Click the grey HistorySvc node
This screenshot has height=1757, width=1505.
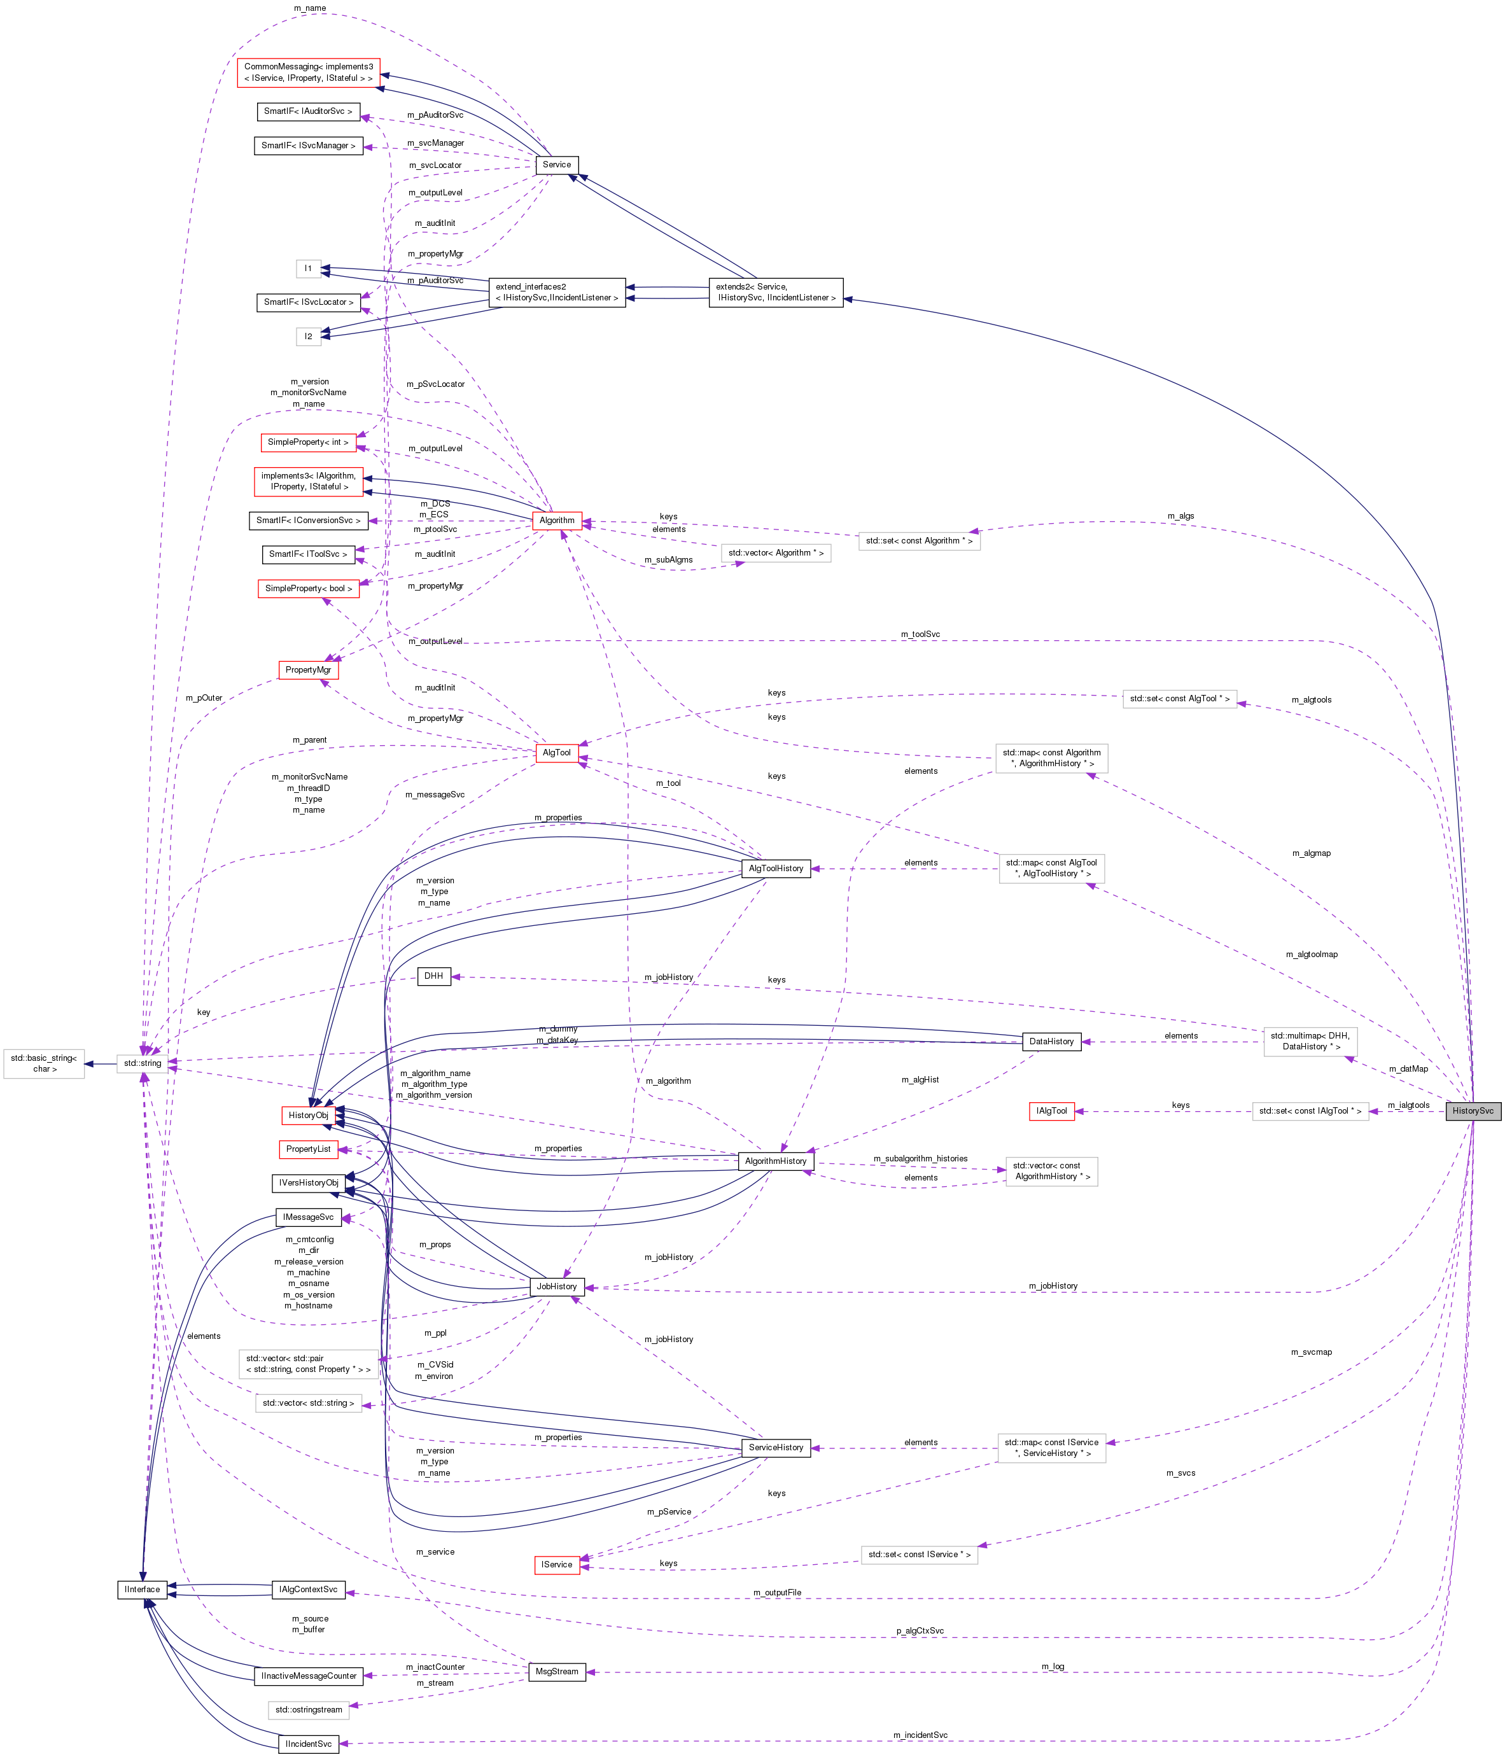coord(1473,1111)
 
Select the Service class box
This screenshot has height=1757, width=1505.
coord(557,165)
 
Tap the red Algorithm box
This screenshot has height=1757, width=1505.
coord(557,521)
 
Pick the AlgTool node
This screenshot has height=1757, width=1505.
coord(557,752)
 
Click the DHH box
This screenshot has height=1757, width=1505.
coord(433,976)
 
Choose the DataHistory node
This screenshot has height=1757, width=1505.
coord(1051,1041)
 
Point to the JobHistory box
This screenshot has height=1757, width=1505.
coord(557,1286)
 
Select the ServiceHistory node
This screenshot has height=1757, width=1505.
coord(776,1448)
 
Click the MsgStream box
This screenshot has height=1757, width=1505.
coord(557,1671)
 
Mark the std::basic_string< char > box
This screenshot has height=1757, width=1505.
coord(44,1063)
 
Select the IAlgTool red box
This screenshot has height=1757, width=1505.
coord(1051,1111)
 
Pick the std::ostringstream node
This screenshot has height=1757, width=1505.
coord(309,1709)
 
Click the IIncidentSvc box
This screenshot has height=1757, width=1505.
coord(309,1744)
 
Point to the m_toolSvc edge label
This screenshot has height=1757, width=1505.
coord(920,634)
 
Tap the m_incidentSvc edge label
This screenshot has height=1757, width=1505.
coord(920,1735)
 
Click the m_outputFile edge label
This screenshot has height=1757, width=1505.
coord(776,1592)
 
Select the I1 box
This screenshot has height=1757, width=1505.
coord(309,269)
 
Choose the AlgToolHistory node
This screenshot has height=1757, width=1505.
coord(776,869)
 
